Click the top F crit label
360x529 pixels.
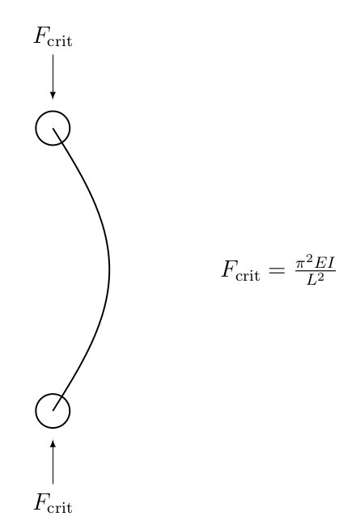tap(53, 36)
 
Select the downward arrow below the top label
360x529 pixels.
tap(53, 77)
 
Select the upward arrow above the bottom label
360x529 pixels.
tap(53, 462)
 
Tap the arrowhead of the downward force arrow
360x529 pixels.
tap(53, 95)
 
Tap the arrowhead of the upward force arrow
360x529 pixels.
tap(53, 444)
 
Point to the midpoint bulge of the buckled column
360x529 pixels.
tap(109, 269)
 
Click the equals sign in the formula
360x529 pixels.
tap(277, 270)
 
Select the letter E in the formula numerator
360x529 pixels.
tap(320, 263)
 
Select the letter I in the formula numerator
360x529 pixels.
tap(330, 263)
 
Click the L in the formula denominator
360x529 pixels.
tap(311, 280)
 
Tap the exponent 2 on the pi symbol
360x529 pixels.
tap(309, 260)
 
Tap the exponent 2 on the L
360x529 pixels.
tap(320, 277)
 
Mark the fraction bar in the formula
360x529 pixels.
tap(316, 271)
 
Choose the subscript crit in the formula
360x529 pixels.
tap(248, 276)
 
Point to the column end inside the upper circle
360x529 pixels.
tap(53, 128)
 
